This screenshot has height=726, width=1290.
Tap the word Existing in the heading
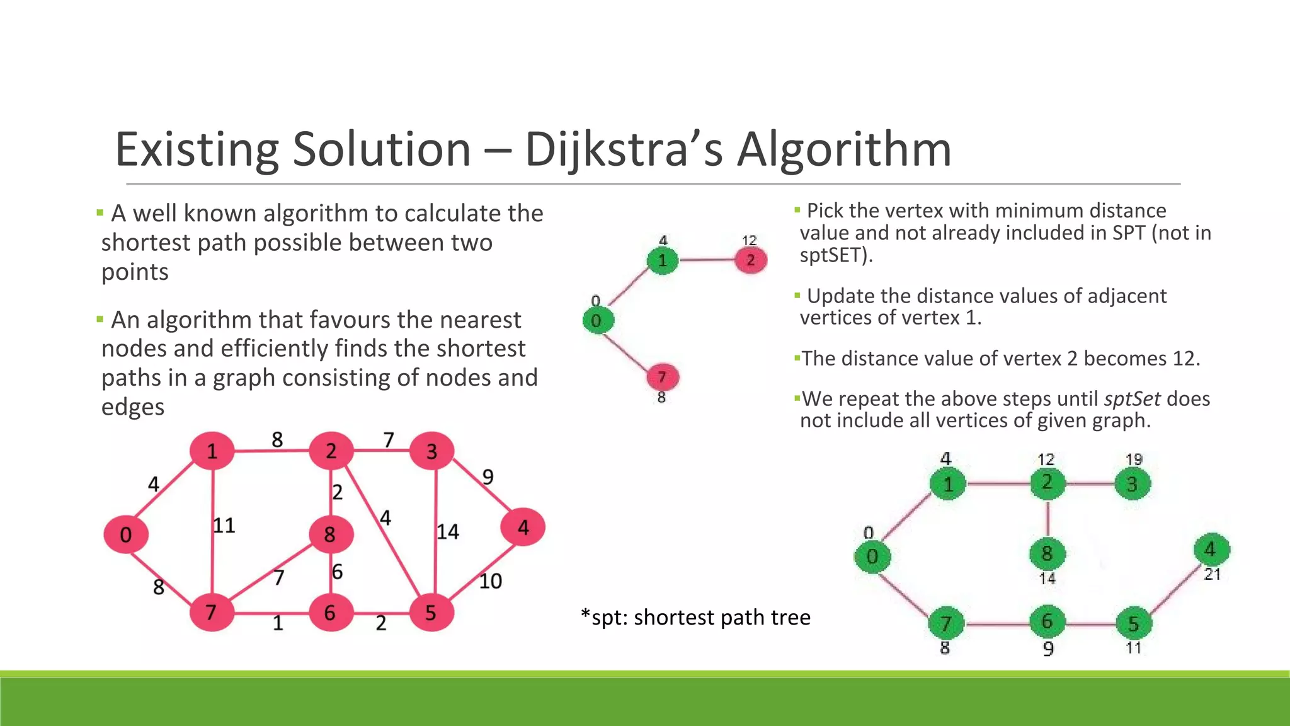click(x=198, y=150)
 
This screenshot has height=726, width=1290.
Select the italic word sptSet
click(x=1132, y=399)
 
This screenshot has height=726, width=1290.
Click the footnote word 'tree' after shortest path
click(x=791, y=618)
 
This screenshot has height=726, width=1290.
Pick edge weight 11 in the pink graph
click(x=224, y=525)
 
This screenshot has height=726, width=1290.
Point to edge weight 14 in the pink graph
click(x=448, y=532)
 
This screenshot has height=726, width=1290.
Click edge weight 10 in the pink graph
click(x=490, y=581)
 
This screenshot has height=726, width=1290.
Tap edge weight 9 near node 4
click(x=488, y=477)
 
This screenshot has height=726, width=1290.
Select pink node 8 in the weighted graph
click(x=331, y=534)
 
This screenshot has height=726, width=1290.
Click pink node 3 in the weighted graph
click(x=431, y=451)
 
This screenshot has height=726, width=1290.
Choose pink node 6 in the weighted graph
click(x=331, y=613)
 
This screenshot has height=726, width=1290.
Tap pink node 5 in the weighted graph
click(x=431, y=613)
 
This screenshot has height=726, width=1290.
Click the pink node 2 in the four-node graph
click(x=751, y=260)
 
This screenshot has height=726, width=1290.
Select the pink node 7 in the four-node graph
click(x=662, y=377)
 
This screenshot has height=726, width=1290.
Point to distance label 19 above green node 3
click(x=1134, y=459)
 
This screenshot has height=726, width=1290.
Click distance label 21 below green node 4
click(x=1213, y=574)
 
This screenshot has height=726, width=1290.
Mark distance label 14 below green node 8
click(x=1047, y=579)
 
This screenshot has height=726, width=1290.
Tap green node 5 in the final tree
click(x=1134, y=624)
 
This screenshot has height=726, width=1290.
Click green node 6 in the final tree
click(x=1047, y=622)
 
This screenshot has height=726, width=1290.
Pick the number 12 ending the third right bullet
click(x=1183, y=359)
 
